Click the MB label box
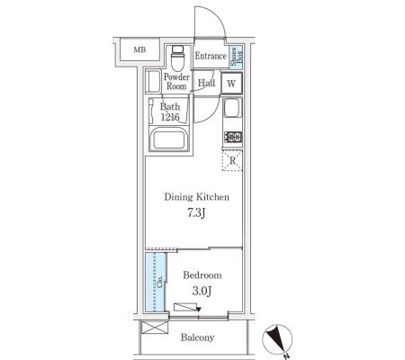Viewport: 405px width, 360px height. point(139,49)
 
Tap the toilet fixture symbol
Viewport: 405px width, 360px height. point(178,58)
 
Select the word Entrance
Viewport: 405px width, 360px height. point(211,56)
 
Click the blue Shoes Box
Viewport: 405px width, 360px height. point(236,57)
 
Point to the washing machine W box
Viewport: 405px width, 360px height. point(231,83)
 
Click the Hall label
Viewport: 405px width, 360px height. point(206,83)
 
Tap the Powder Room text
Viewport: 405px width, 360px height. point(176,82)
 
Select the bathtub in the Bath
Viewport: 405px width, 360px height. point(170,139)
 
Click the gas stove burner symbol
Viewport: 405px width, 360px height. point(233,137)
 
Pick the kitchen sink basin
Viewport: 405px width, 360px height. point(232,108)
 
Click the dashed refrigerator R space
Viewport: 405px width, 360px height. point(232,161)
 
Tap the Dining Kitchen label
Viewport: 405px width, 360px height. point(197,197)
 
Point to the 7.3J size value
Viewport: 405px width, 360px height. point(197,213)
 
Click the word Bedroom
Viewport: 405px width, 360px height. point(202,275)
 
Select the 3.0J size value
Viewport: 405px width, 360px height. point(202,291)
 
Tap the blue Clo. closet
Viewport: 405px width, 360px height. point(155,282)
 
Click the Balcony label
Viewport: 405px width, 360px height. point(197,337)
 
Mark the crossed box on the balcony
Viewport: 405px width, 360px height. point(155,328)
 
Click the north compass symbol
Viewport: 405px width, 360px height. point(277,340)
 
